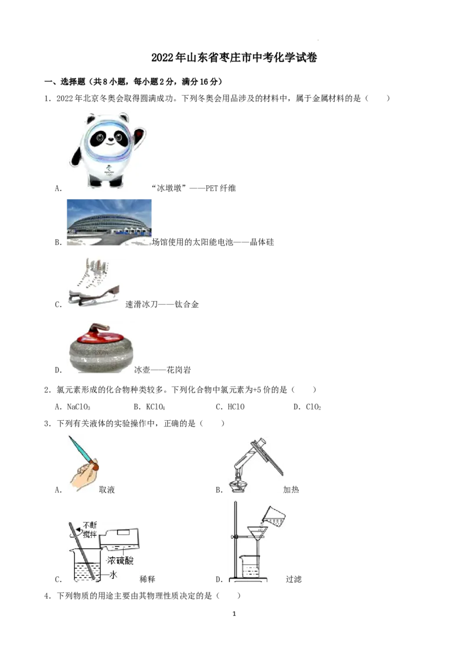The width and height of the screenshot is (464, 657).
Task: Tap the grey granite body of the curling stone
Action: pos(99,357)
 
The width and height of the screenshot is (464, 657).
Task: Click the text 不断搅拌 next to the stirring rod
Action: pos(90,530)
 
